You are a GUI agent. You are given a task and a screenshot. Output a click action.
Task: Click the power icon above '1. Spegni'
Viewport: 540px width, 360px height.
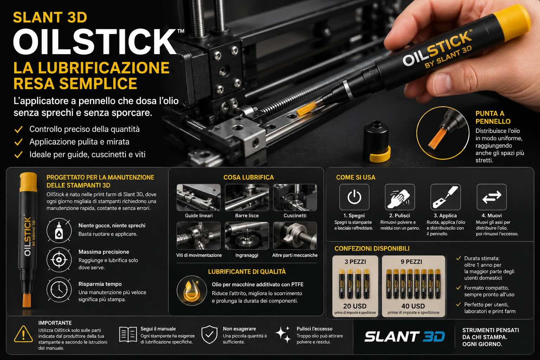[354, 197]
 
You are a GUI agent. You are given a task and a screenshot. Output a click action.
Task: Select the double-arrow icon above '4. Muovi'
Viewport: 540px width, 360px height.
[491, 197]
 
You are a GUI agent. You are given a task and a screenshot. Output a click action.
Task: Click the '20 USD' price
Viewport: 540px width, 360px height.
[355, 306]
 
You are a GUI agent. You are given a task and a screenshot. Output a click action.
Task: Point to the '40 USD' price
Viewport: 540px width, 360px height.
[413, 306]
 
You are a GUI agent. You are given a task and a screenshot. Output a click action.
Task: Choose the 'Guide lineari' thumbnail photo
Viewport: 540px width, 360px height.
[198, 197]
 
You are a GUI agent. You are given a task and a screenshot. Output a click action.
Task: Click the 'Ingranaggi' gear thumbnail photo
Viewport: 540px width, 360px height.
[246, 236]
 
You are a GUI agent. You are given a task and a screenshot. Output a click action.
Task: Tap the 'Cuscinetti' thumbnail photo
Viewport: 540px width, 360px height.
[295, 197]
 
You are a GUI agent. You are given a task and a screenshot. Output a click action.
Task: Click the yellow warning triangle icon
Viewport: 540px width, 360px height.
[24, 334]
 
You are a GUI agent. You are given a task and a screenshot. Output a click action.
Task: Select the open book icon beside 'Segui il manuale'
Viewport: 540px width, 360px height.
[128, 335]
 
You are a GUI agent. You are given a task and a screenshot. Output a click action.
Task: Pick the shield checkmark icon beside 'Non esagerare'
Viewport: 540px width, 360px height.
[209, 334]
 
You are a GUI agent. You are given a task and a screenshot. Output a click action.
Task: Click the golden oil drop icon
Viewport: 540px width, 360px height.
[192, 290]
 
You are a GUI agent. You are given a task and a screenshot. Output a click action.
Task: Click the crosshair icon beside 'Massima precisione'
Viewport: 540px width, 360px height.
[59, 260]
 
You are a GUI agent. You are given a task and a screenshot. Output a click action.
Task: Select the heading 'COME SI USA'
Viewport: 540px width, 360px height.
[355, 178]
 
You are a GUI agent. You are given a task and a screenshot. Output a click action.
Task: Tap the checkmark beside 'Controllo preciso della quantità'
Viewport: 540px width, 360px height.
[18, 129]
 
